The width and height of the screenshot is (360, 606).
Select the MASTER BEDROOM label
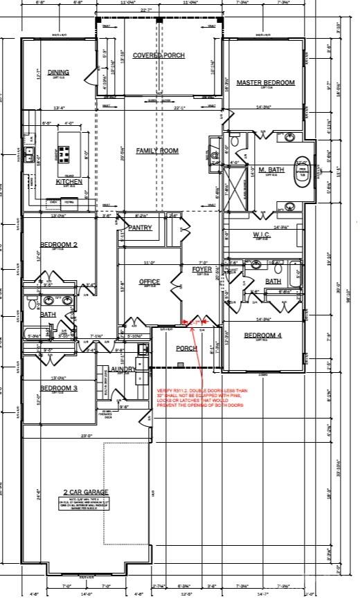pyautogui.click(x=265, y=83)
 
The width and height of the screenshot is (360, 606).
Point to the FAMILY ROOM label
pyautogui.click(x=157, y=151)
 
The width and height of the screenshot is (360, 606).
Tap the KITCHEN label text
pyautogui.click(x=69, y=182)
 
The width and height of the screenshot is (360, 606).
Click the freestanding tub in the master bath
pyautogui.click(x=303, y=172)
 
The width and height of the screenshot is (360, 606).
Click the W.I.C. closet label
pyautogui.click(x=262, y=235)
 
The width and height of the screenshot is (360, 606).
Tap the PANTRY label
pyautogui.click(x=140, y=228)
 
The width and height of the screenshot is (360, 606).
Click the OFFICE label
pyautogui.click(x=149, y=282)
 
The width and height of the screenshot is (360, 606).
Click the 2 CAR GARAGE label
pyautogui.click(x=82, y=492)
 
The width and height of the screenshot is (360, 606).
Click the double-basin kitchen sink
pyautogui.click(x=29, y=154)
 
